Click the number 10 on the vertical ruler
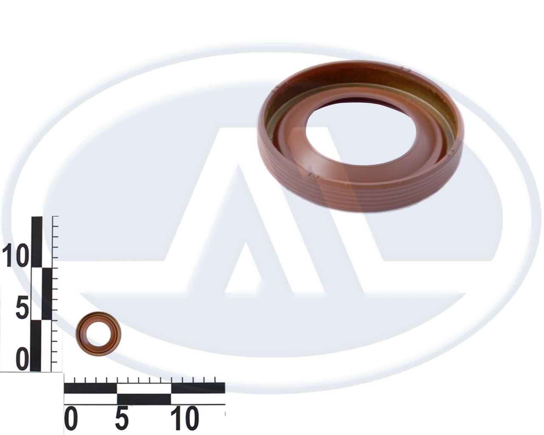[x=15, y=255]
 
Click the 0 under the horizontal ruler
[x=71, y=418]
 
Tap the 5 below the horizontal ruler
[x=122, y=418]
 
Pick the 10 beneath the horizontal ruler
[x=184, y=418]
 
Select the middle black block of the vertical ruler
[x=47, y=294]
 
